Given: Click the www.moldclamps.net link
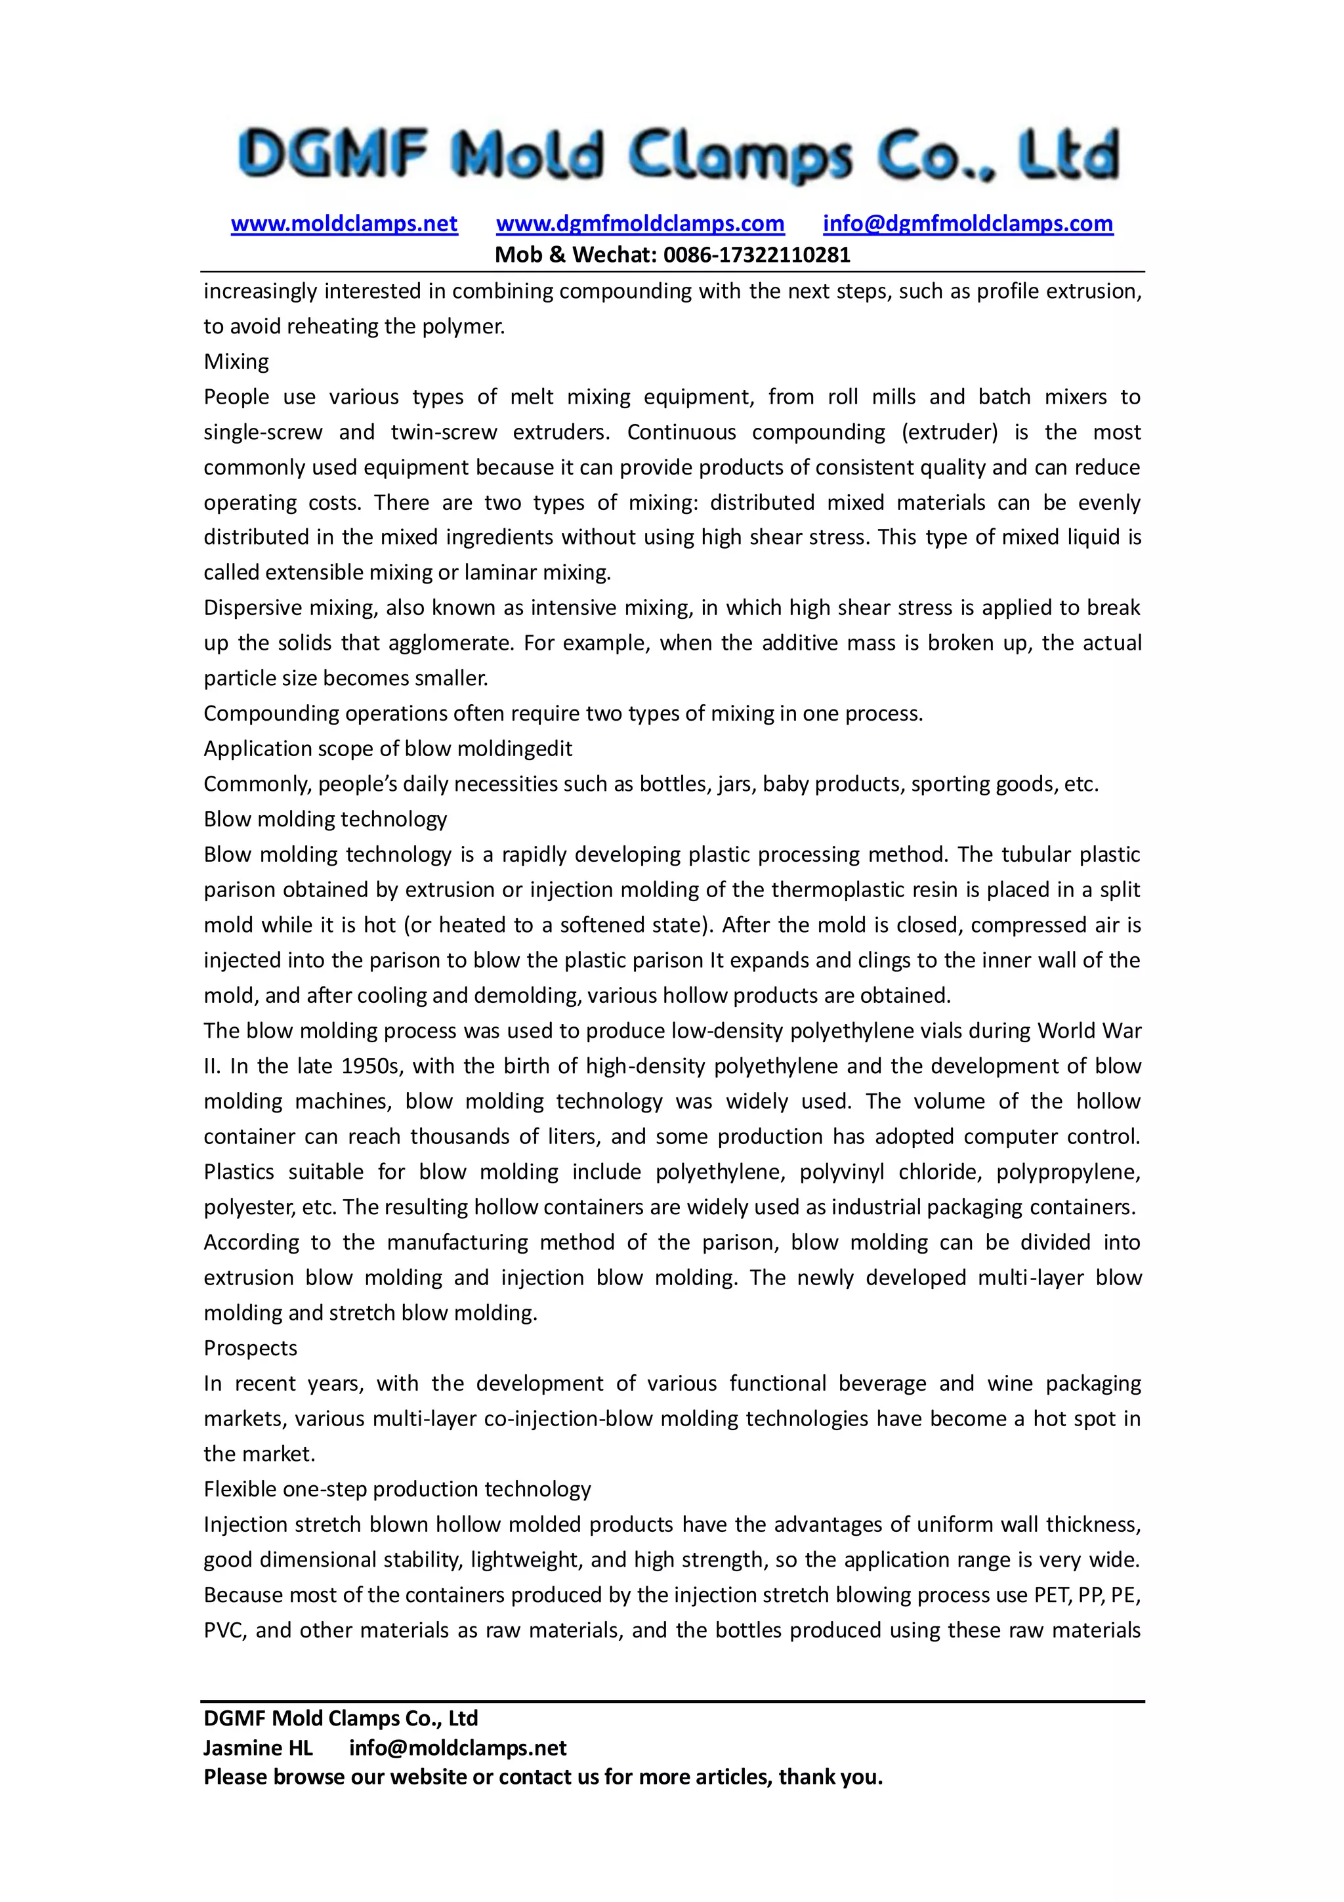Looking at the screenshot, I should [x=344, y=224].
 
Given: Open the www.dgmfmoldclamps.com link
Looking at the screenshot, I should [x=640, y=224].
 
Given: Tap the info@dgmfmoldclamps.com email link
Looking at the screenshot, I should [x=967, y=224].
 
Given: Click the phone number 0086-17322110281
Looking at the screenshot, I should [x=756, y=254].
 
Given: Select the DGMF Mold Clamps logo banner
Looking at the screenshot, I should [x=677, y=155].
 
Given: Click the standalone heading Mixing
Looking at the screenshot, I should [x=236, y=362].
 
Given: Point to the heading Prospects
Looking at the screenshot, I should [x=250, y=1349].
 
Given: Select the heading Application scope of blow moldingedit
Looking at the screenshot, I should [x=388, y=749].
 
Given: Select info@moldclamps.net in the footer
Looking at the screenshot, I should [x=457, y=1748].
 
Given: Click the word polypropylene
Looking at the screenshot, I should [x=1068, y=1172].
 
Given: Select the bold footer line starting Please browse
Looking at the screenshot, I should [x=543, y=1777].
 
